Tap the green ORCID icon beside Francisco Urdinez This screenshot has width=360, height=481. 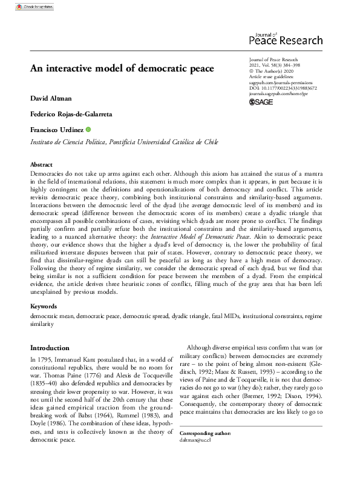pyautogui.click(x=88, y=130)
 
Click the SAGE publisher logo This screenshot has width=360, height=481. pyautogui.click(x=262, y=102)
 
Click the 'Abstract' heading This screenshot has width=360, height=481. pyautogui.click(x=42, y=165)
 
